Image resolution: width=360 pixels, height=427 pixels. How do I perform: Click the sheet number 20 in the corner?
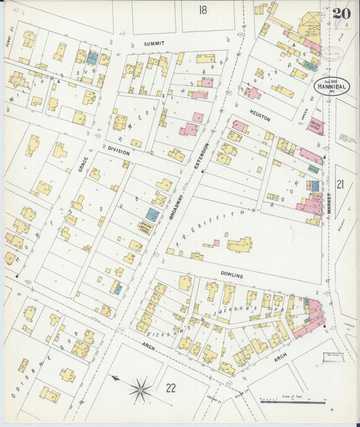pos(340,14)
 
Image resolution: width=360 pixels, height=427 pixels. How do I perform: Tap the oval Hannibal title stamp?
pos(331,86)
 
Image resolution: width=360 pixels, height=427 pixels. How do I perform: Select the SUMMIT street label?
pos(154,43)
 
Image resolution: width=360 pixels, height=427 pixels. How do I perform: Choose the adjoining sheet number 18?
pos(203,9)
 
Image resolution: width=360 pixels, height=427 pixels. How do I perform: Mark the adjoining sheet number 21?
pos(340,184)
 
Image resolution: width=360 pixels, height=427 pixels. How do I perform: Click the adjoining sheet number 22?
pos(170,386)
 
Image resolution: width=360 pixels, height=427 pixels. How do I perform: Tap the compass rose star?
pos(140,388)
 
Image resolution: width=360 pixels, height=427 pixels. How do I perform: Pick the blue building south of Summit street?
pos(92,58)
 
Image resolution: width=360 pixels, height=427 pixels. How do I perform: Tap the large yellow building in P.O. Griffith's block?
pos(239,244)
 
